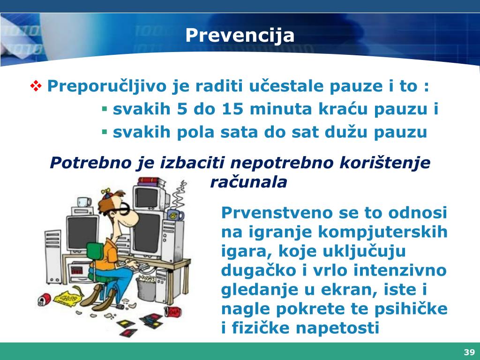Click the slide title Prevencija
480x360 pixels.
pyautogui.click(x=240, y=35)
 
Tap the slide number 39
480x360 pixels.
pyautogui.click(x=469, y=352)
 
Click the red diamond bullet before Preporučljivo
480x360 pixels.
pyautogui.click(x=36, y=86)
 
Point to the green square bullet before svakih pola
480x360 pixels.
pyautogui.click(x=105, y=132)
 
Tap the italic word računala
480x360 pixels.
pyautogui.click(x=248, y=182)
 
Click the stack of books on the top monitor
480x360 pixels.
pyautogui.click(x=150, y=181)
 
